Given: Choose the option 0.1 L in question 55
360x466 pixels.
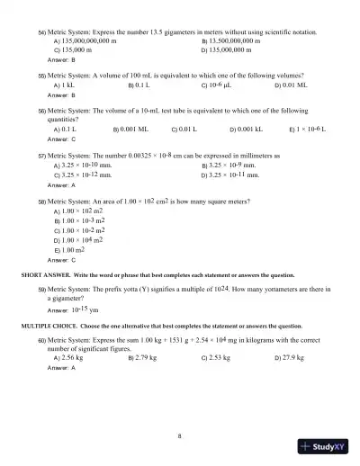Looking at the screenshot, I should (142, 86).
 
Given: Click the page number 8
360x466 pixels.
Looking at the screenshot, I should (180, 435).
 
